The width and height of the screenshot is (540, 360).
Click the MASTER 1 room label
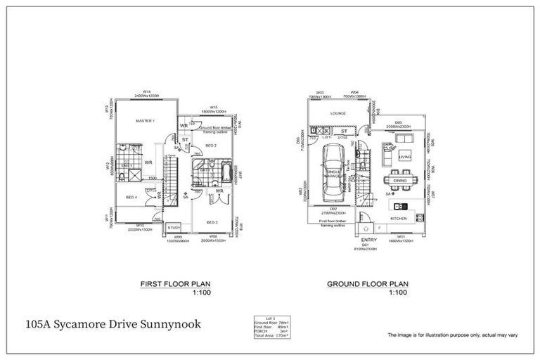pos(145,121)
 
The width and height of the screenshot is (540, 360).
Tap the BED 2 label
pos(210,145)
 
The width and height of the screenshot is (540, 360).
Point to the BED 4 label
pos(131,198)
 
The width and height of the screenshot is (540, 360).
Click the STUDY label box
pos(174,227)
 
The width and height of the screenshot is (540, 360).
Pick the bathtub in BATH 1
pos(224,171)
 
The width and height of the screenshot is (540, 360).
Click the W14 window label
pos(147,91)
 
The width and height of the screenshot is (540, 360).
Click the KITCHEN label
pos(399,219)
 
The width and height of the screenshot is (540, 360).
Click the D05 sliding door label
pos(398,123)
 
